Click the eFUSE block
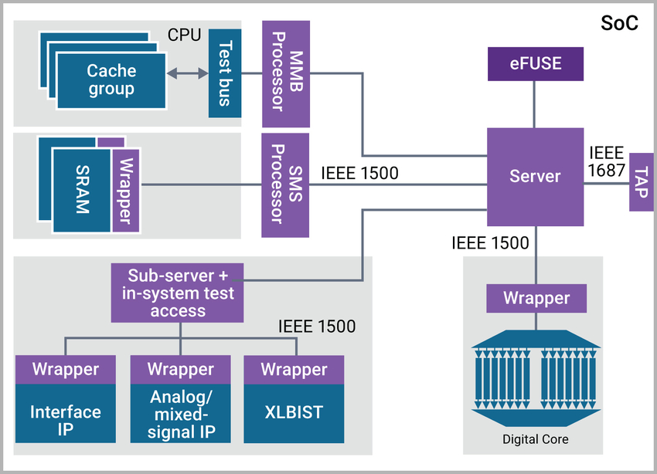coord(534,63)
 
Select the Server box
coord(534,176)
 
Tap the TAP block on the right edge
coord(641,181)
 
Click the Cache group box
coord(111,80)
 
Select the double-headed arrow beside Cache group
coord(189,73)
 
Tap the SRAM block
coord(81,190)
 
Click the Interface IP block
coord(66,421)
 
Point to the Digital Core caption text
coord(536,439)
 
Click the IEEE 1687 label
coord(606,161)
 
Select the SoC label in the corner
coord(619,23)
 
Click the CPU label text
coord(184,36)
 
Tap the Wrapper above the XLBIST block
coord(294,369)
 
